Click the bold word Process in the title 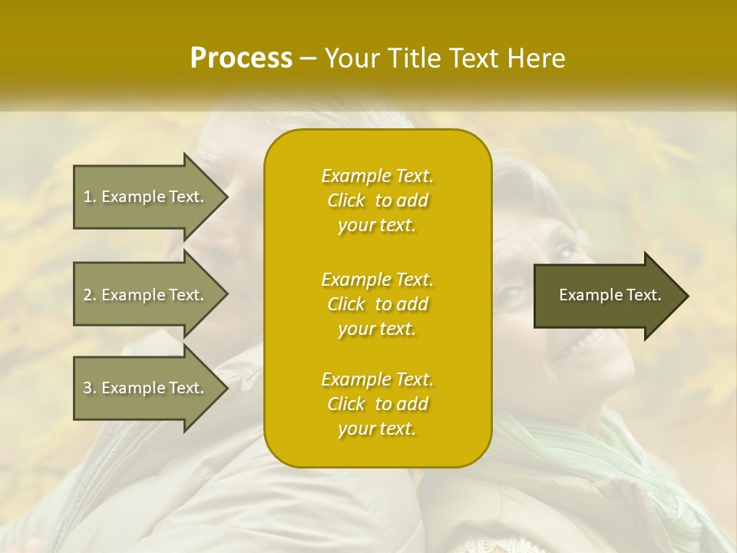coord(241,58)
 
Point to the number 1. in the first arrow coord(90,197)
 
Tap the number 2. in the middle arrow coord(90,295)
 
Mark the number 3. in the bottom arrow coord(90,388)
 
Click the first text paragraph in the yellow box coord(377,200)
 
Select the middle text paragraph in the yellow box coord(377,304)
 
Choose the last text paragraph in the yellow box coord(377,404)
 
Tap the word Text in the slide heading coord(475,58)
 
